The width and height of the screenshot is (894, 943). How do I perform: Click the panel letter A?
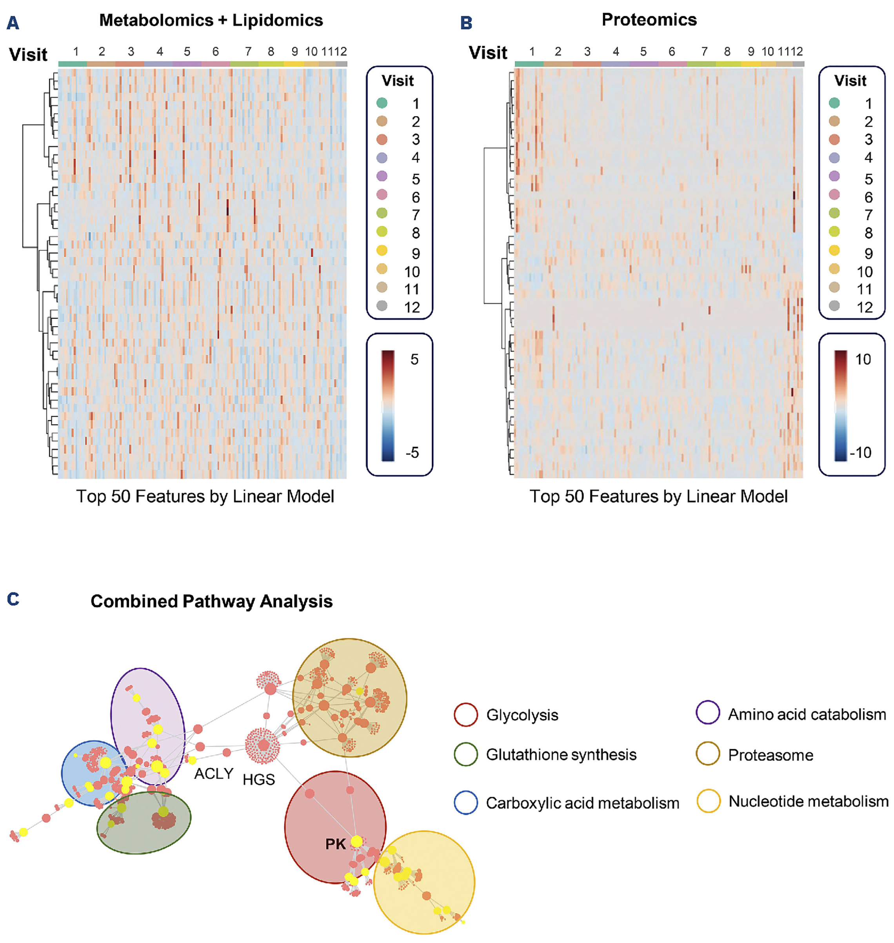click(x=13, y=23)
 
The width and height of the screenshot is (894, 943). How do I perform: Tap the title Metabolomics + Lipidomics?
click(x=211, y=20)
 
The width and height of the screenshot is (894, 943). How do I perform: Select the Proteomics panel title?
click(x=649, y=20)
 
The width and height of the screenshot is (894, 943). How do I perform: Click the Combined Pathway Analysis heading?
click(x=211, y=601)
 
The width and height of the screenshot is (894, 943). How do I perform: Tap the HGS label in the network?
click(x=259, y=779)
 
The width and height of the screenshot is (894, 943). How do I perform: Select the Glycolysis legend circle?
click(x=465, y=715)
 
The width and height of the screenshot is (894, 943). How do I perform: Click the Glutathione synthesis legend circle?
click(x=465, y=754)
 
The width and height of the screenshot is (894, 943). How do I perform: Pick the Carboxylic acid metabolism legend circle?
click(x=465, y=803)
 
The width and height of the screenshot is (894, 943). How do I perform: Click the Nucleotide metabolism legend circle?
click(x=708, y=801)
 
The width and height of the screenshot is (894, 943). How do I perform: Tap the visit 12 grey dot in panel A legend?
click(x=382, y=306)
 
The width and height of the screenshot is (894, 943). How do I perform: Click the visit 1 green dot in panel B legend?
click(x=834, y=103)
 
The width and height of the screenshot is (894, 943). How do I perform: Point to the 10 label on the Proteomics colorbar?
click(x=863, y=359)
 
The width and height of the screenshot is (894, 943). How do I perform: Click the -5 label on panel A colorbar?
click(x=412, y=452)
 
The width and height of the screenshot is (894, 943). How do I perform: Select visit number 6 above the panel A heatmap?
click(x=215, y=51)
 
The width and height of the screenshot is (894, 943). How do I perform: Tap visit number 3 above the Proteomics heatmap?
click(x=587, y=51)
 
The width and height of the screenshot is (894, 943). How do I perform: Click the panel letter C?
click(x=13, y=599)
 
